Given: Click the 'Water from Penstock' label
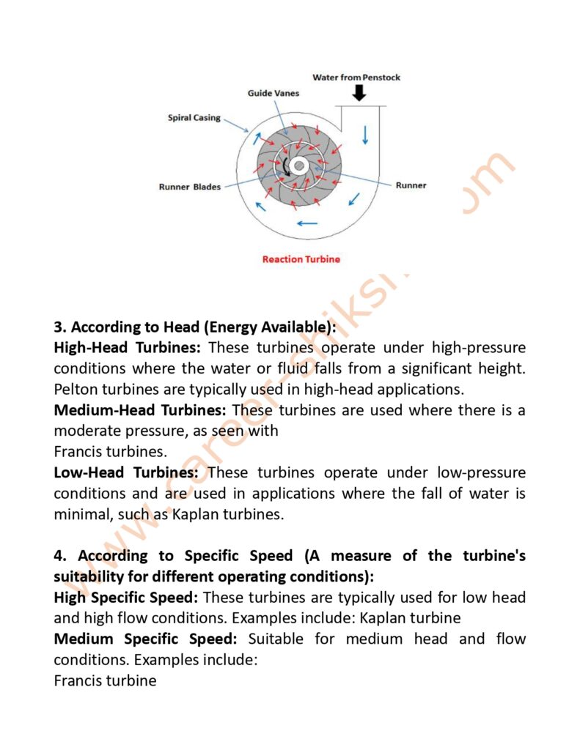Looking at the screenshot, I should (x=356, y=78).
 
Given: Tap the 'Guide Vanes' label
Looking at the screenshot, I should (x=273, y=94).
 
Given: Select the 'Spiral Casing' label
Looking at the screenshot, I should (x=194, y=117).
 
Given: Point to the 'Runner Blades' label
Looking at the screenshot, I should (x=189, y=187).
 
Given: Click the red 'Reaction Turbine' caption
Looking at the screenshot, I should (x=302, y=259).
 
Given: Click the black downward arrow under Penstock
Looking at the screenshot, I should (x=359, y=93).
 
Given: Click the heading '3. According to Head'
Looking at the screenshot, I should (x=194, y=327).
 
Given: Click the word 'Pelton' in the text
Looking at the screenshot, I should (x=76, y=389).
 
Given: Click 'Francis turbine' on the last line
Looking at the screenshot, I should (x=106, y=680).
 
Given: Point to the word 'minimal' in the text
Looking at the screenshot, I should (x=83, y=514).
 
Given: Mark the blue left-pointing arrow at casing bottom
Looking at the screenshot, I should (x=307, y=223).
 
